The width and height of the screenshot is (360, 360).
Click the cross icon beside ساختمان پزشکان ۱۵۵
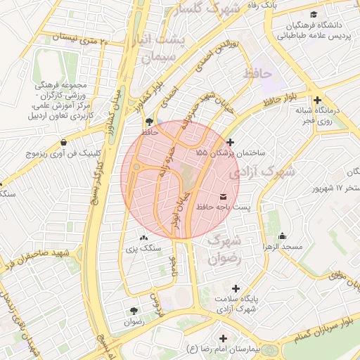click(x=229, y=143)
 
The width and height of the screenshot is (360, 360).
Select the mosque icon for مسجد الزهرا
click(x=282, y=236)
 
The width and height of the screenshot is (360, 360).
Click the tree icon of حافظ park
click(x=148, y=121)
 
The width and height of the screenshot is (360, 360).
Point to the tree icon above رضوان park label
click(x=133, y=310)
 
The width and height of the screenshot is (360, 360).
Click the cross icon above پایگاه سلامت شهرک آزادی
click(x=236, y=288)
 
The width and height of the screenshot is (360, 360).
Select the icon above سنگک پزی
click(x=144, y=238)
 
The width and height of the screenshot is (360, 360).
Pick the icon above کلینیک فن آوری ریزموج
click(x=64, y=141)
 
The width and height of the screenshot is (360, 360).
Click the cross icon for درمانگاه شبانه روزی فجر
click(x=319, y=101)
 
